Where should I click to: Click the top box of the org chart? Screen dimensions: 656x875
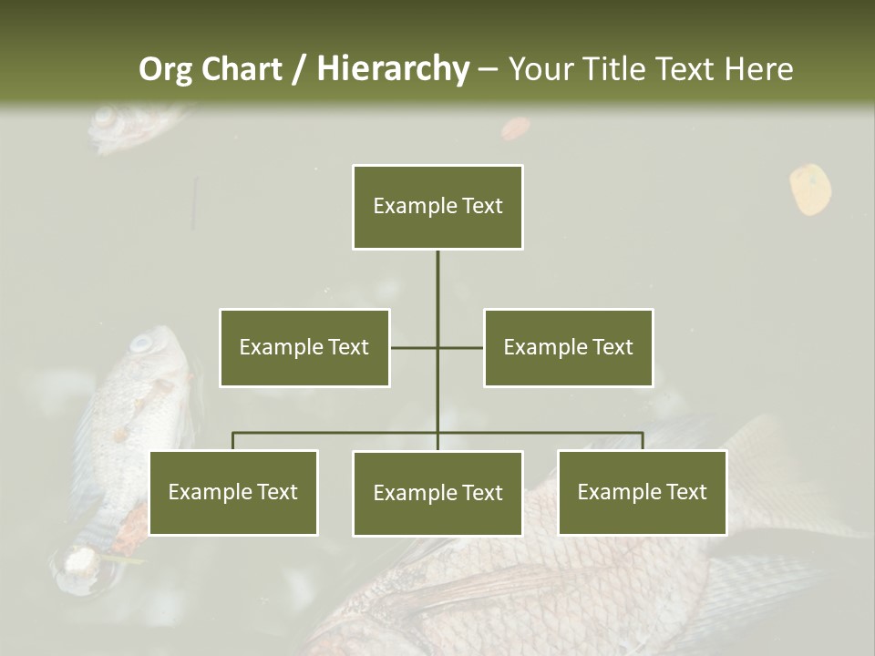(x=437, y=207)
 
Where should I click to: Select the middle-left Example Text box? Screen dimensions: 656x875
(x=304, y=347)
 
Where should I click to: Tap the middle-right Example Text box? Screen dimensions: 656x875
(x=568, y=347)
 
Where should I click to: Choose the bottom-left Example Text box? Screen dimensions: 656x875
(x=233, y=492)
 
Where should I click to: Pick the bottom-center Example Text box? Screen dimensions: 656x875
(x=437, y=493)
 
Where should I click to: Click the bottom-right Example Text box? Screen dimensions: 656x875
(x=642, y=492)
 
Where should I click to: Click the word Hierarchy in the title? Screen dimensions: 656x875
(x=393, y=69)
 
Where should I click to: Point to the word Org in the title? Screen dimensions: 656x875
(x=165, y=69)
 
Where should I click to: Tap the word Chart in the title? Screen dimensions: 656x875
(x=241, y=69)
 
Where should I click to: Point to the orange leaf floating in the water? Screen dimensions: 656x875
(x=809, y=189)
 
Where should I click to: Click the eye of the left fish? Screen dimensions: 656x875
(x=142, y=343)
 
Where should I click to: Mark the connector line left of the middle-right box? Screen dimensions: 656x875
(x=461, y=347)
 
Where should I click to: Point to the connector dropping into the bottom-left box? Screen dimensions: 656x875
(x=233, y=441)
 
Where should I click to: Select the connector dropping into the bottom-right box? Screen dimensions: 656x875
(x=643, y=441)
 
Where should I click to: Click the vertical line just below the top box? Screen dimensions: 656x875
(x=437, y=273)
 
